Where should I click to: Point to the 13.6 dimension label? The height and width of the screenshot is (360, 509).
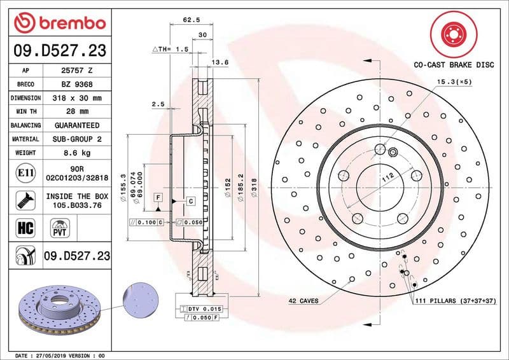(x=220, y=62)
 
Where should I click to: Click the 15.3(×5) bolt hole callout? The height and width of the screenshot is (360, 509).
(x=454, y=81)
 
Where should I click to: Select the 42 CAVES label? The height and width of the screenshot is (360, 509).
(x=303, y=300)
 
